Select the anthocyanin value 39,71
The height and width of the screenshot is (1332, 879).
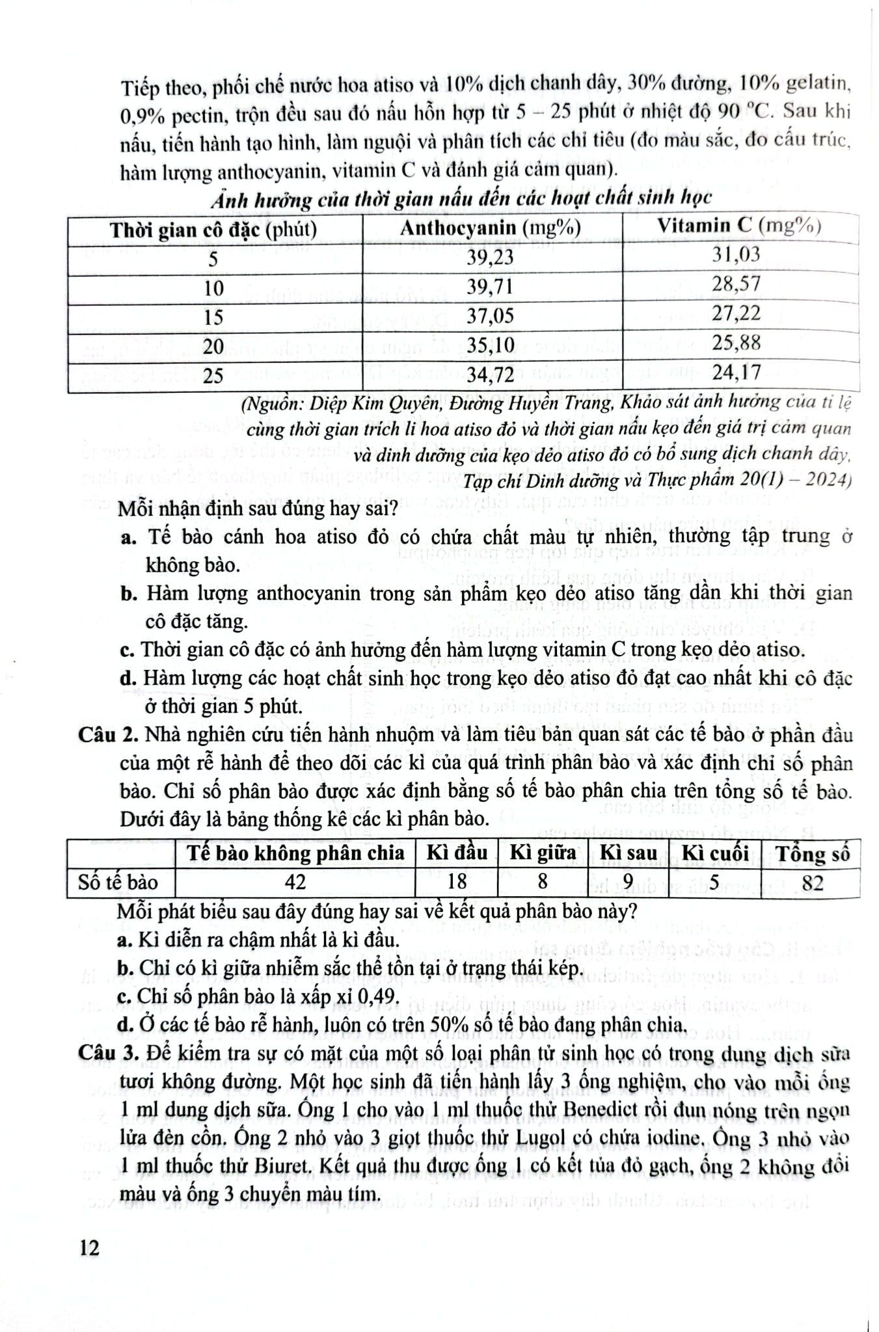pyautogui.click(x=490, y=287)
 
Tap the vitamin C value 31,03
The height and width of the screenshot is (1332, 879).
pyautogui.click(x=735, y=254)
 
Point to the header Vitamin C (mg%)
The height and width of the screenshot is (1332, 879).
pyautogui.click(x=738, y=226)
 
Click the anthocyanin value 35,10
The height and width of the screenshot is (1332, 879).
pyautogui.click(x=490, y=345)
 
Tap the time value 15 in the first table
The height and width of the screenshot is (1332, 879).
pyautogui.click(x=213, y=317)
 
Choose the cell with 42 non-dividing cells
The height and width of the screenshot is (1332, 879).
pyautogui.click(x=294, y=883)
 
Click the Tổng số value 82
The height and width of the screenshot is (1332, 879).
pyautogui.click(x=813, y=883)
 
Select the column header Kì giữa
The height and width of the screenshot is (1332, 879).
pyautogui.click(x=543, y=853)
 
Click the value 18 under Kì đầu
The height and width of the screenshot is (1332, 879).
pyautogui.click(x=457, y=883)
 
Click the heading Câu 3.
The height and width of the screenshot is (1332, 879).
pyautogui.click(x=108, y=1054)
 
